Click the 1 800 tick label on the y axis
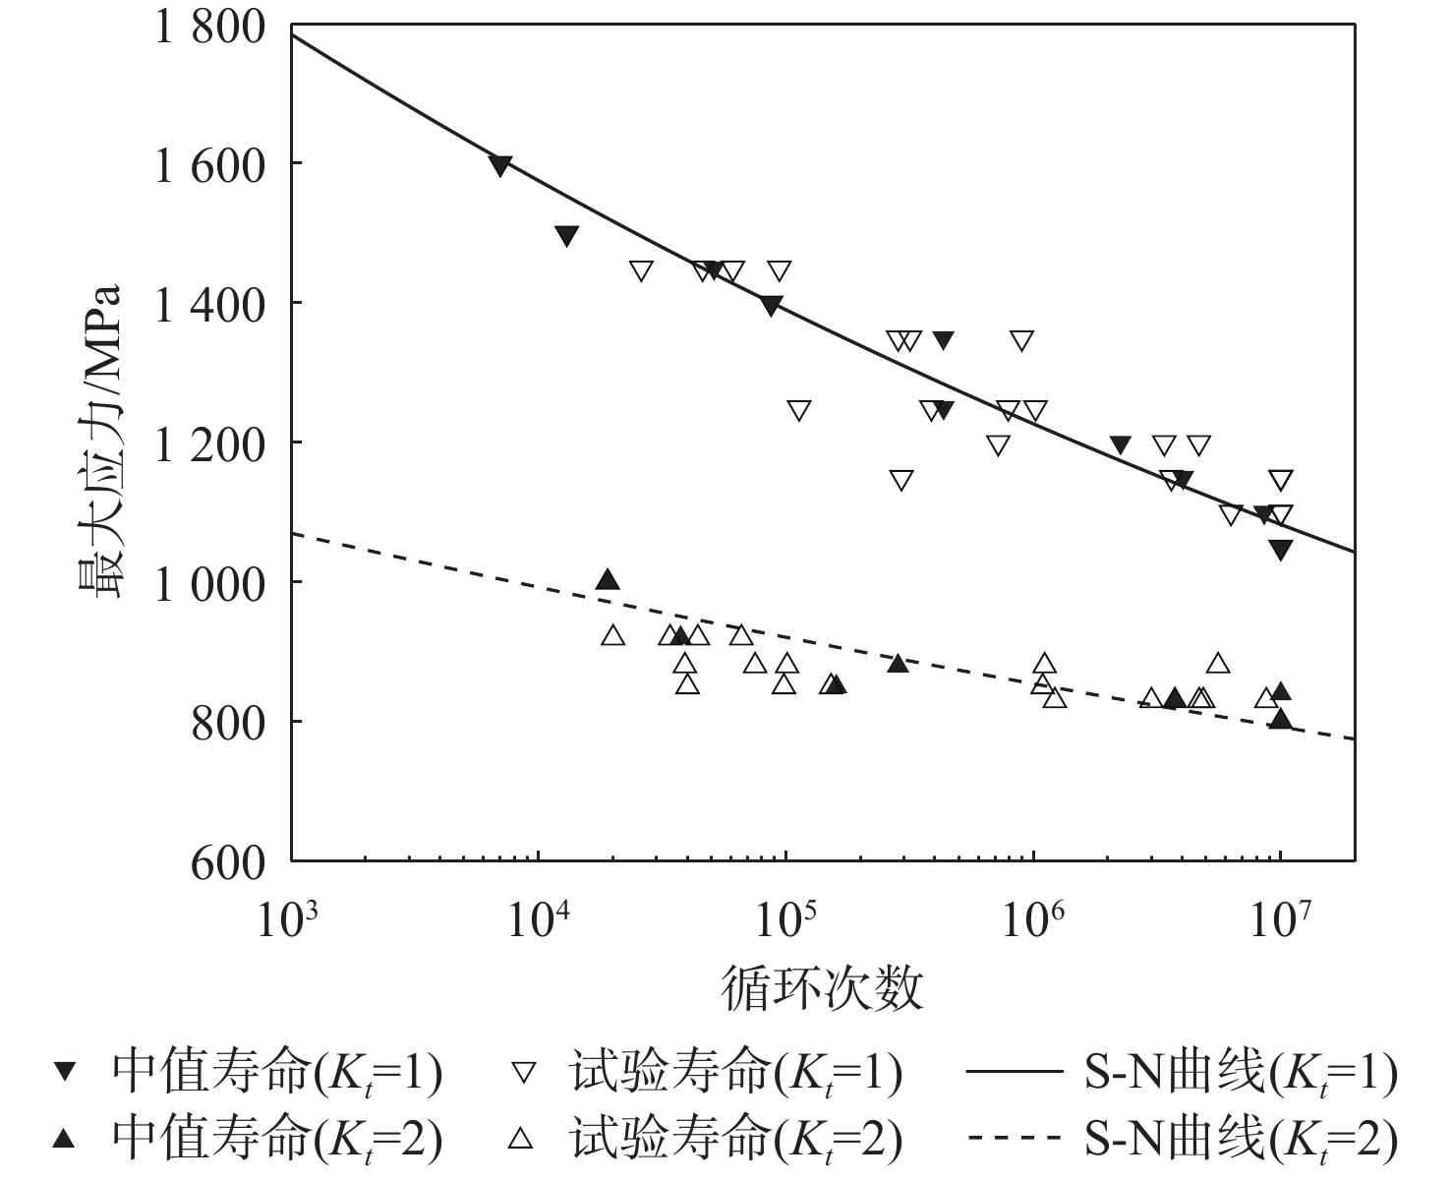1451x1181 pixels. point(209,27)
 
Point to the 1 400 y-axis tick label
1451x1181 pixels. point(209,305)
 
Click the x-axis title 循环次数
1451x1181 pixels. point(824,988)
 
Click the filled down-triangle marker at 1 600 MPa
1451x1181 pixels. point(500,165)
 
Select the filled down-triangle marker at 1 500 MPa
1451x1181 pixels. point(567,235)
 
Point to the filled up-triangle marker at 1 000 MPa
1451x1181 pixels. point(609,579)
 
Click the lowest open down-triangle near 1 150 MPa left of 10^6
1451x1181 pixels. point(901,480)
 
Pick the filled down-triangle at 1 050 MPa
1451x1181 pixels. point(1281,550)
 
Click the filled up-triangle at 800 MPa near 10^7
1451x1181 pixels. point(1281,719)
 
